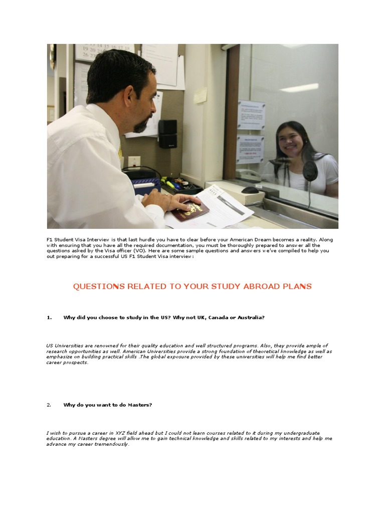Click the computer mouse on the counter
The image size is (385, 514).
click(x=250, y=190)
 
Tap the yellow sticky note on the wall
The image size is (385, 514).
click(x=201, y=95)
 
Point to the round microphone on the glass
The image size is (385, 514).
click(x=310, y=170)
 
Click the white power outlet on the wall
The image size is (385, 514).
click(x=134, y=162)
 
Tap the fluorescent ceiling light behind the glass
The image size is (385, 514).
click(x=299, y=88)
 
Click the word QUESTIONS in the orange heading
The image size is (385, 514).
click(x=98, y=287)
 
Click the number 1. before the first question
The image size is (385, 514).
click(x=49, y=317)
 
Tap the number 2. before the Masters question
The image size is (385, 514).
click(x=49, y=405)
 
